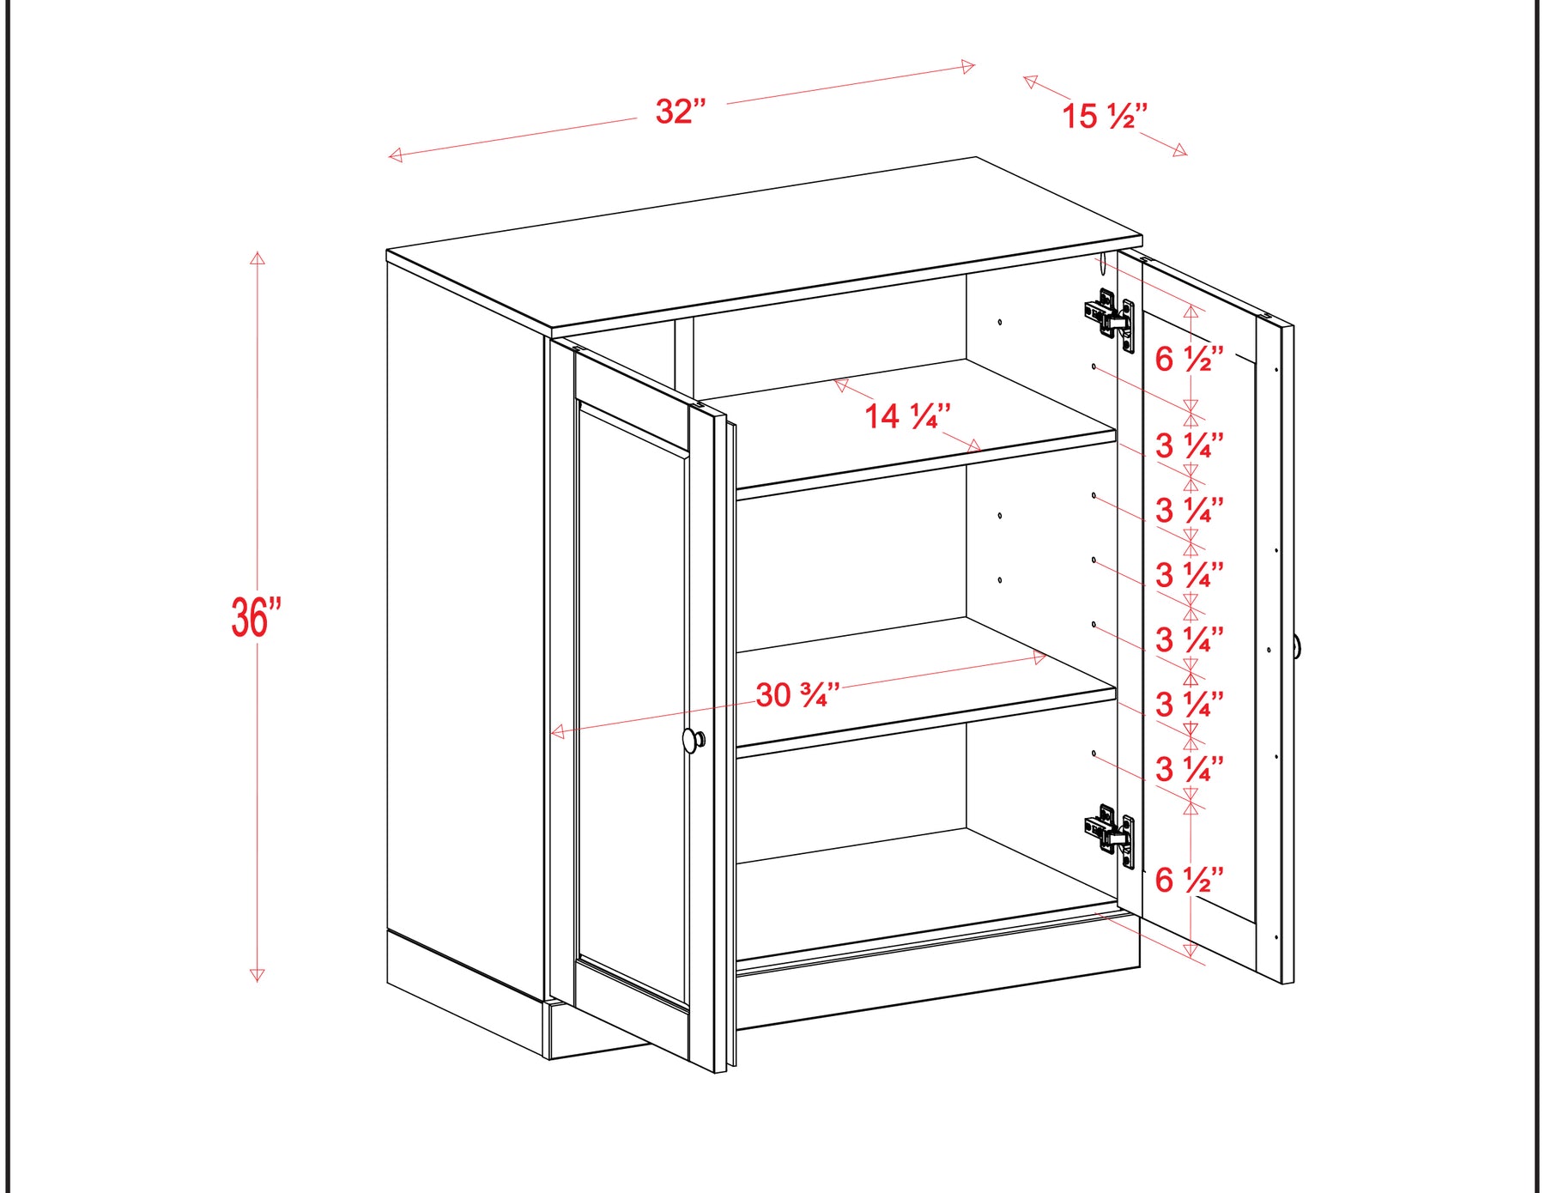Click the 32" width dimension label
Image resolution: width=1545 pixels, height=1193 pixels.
point(681,112)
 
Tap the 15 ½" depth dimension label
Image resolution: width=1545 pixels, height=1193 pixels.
point(1105,116)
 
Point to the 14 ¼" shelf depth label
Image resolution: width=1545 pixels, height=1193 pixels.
point(907,416)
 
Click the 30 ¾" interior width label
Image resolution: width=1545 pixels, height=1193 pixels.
point(797,694)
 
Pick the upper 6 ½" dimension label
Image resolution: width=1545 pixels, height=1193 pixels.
point(1189,359)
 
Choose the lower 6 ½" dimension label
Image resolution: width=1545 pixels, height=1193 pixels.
point(1189,879)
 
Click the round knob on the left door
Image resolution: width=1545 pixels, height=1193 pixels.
point(694,740)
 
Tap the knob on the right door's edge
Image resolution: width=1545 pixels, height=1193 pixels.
point(1298,646)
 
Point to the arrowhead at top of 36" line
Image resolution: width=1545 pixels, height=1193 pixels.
point(257,257)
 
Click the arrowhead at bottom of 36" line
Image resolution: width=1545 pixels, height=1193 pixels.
point(257,975)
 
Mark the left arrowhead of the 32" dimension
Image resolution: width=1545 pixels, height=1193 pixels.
point(395,155)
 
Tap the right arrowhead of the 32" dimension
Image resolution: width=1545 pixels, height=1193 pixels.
point(968,66)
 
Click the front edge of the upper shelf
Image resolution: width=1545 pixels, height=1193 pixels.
point(925,464)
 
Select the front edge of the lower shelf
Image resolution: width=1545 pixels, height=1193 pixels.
point(925,722)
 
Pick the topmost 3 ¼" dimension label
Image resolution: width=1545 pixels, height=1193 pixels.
point(1189,445)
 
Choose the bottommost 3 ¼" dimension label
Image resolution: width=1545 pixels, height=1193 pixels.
point(1189,768)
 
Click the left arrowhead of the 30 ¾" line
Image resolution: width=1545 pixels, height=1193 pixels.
point(557,731)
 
